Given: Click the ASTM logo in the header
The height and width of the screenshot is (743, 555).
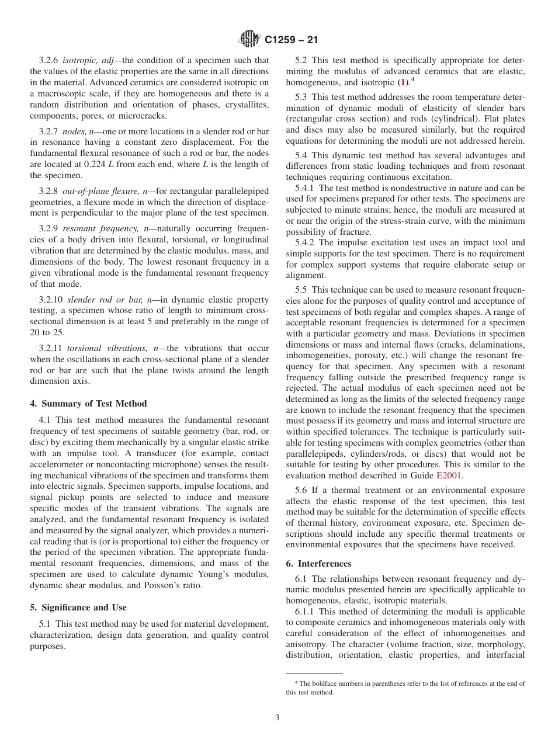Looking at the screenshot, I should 249,40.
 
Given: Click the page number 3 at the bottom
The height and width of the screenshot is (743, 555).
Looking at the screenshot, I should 277,718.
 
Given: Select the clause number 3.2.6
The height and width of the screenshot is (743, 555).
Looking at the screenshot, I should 48,60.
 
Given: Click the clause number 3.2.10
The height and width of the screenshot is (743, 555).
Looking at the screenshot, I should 51,300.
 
